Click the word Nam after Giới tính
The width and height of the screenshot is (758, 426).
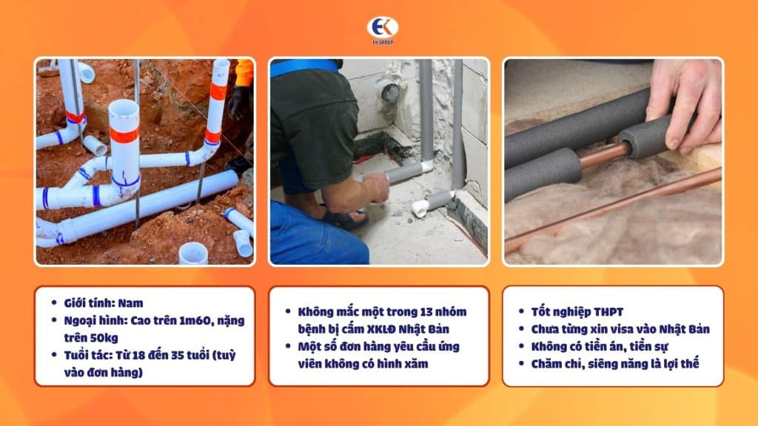(131, 303)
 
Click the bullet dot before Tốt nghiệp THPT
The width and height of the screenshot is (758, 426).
(522, 312)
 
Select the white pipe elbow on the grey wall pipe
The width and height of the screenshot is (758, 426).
(426, 166)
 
